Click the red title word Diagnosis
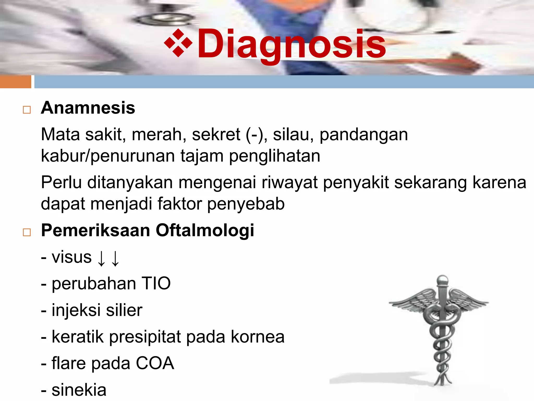pyautogui.click(x=292, y=44)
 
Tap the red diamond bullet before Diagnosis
pyautogui.click(x=178, y=43)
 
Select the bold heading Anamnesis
pyautogui.click(x=88, y=108)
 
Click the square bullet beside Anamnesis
pyautogui.click(x=27, y=110)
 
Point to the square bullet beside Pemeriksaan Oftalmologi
pyautogui.click(x=27, y=232)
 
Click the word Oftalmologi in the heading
pyautogui.click(x=205, y=231)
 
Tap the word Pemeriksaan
pyautogui.click(x=95, y=231)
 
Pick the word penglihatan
pyautogui.click(x=275, y=156)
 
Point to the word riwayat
pyautogui.click(x=289, y=182)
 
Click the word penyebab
pyautogui.click(x=246, y=204)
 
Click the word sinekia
pyautogui.click(x=79, y=390)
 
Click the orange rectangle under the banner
pyautogui.click(x=16, y=82)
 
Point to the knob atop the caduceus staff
pyautogui.click(x=442, y=280)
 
